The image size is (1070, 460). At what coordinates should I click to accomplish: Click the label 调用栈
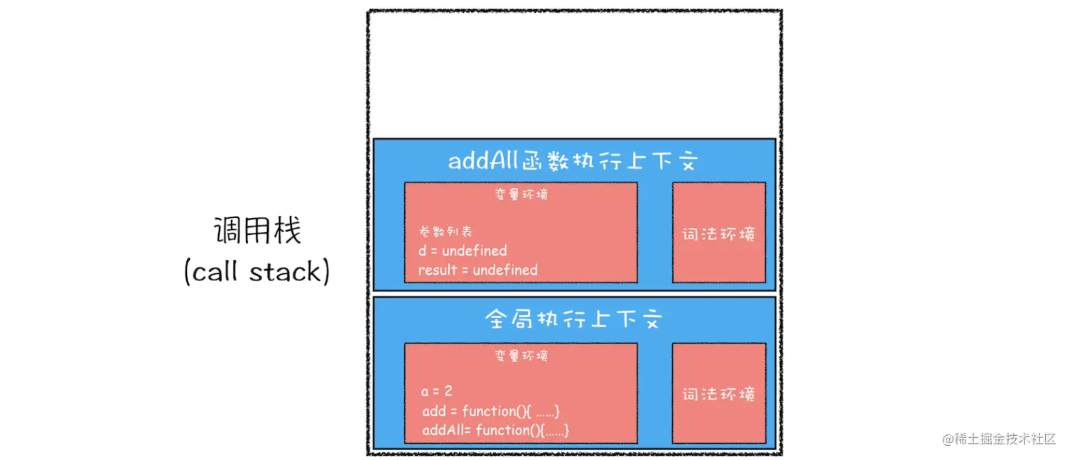coord(257,231)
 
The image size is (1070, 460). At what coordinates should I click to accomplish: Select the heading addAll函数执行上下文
coord(574,161)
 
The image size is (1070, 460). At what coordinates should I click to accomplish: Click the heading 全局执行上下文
coord(574,319)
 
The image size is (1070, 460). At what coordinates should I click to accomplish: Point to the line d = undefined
coord(463,251)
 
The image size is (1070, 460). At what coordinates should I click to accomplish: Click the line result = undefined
coord(477,270)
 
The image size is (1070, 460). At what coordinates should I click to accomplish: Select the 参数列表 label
coord(445,231)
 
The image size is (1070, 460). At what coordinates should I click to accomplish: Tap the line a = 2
coord(437,391)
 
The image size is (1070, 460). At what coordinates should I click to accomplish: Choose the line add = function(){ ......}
coord(492,411)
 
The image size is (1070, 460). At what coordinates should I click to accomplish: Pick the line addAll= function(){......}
coord(496,430)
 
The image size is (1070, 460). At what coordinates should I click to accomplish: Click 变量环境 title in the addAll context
coord(522,195)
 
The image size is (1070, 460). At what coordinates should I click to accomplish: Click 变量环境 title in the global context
coord(522,356)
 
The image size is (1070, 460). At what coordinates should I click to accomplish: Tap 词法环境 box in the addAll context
coord(719,234)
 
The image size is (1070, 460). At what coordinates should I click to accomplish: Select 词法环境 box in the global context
coord(719,394)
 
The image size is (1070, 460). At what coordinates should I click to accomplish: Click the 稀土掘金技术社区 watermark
coord(1000,439)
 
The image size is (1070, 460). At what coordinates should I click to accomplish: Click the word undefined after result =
coord(505,270)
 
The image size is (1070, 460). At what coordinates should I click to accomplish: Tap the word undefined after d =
coord(475,251)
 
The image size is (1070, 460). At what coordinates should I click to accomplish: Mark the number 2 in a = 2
coord(448,391)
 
